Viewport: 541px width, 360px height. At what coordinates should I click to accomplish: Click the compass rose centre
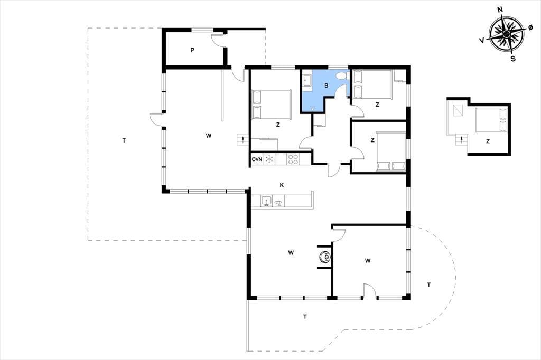[506, 34]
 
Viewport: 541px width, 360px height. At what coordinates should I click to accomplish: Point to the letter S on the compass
[513, 59]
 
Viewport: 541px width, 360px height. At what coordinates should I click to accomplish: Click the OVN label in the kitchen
[257, 159]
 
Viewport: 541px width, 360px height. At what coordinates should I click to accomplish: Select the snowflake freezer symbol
[269, 159]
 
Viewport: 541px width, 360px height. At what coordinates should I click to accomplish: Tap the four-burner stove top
[293, 159]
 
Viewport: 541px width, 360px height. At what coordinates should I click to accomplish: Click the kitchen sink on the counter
[266, 201]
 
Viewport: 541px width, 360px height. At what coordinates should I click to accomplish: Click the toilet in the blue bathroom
[342, 76]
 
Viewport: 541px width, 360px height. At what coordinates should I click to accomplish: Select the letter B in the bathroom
[326, 86]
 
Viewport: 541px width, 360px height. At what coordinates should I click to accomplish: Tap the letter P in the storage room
[192, 50]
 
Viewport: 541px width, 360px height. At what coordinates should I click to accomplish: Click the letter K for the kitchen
[282, 185]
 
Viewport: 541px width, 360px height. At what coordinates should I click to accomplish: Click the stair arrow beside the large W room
[244, 139]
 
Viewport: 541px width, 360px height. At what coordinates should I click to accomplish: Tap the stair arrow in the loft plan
[461, 140]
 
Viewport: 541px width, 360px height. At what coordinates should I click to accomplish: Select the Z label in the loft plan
[488, 141]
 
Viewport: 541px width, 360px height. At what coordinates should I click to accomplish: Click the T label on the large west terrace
[124, 140]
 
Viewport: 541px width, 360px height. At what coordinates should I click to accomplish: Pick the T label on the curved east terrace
[429, 285]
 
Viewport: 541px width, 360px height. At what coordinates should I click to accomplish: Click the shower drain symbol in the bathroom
[313, 108]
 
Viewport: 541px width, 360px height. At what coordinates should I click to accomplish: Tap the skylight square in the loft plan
[458, 110]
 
